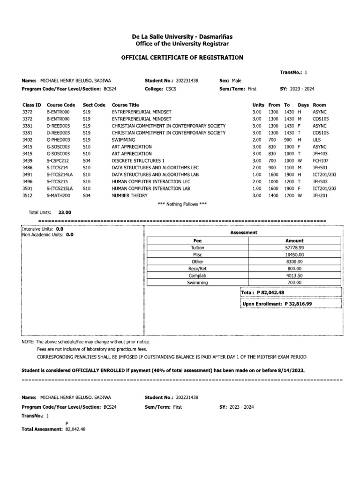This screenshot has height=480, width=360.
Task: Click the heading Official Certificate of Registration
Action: click(182, 58)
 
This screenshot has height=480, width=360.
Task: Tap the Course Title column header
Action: click(125, 105)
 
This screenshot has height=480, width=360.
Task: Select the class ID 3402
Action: click(28, 140)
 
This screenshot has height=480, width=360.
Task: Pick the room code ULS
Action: click(317, 140)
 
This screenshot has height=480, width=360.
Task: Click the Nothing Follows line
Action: click(183, 204)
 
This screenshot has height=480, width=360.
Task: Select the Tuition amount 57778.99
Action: click(294, 247)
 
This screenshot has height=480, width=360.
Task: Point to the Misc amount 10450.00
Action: click(294, 255)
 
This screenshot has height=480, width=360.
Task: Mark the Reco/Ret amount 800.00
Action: click(294, 269)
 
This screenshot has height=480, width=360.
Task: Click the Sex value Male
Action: click(236, 81)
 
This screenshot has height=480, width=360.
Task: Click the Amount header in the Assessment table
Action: click(294, 240)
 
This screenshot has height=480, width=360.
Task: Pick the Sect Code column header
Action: click(94, 105)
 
